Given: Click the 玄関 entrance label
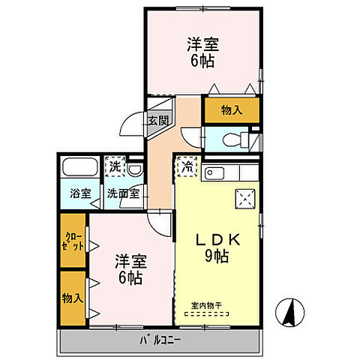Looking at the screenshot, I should [x=157, y=120].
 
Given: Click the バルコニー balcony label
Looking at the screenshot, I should [x=160, y=341].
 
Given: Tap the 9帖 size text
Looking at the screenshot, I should [x=217, y=256].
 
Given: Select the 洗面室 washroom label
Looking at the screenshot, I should [x=122, y=193].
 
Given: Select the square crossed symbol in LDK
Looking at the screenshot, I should [x=245, y=199].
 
